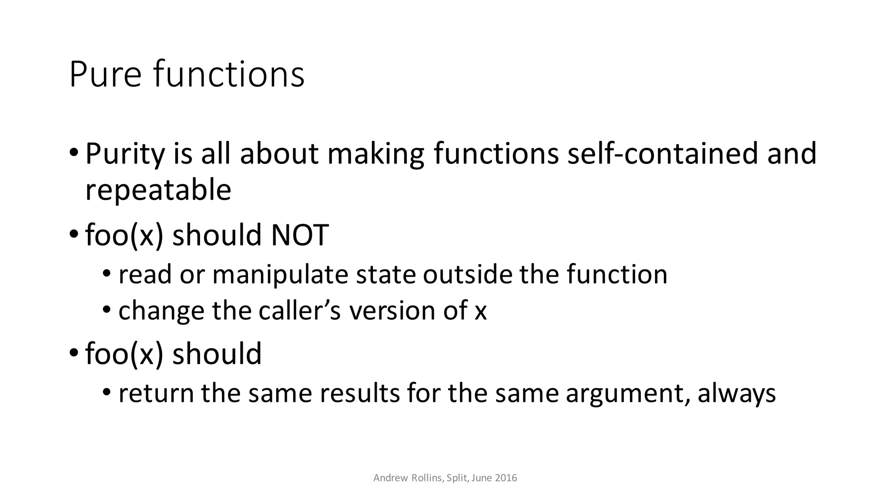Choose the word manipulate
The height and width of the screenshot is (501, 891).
point(280,275)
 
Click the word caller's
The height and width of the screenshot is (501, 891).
point(300,311)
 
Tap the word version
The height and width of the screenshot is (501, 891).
point(392,311)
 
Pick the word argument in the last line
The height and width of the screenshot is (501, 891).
point(627,394)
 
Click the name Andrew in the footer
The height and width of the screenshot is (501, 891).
point(391,478)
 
